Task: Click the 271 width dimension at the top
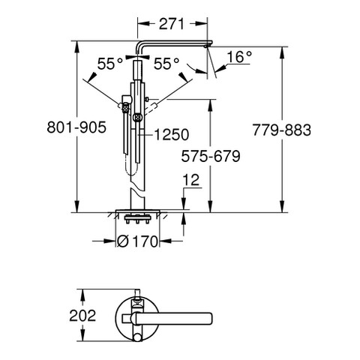click(x=172, y=24)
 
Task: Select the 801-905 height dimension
click(x=76, y=127)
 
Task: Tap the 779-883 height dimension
click(x=282, y=130)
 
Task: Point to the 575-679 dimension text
click(x=211, y=157)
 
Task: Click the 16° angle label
click(x=239, y=57)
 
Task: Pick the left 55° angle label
click(x=110, y=64)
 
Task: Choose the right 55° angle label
click(x=166, y=64)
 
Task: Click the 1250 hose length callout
click(x=171, y=135)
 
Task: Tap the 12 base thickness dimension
click(x=191, y=180)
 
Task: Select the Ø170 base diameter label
click(x=138, y=241)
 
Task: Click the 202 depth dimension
click(x=82, y=316)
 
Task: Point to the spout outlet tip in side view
click(x=206, y=46)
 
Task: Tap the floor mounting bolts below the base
click(x=137, y=218)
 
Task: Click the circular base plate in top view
click(x=137, y=319)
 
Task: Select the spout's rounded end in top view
click(x=209, y=319)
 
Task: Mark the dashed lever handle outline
click(x=151, y=108)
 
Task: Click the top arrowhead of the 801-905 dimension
click(x=76, y=46)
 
